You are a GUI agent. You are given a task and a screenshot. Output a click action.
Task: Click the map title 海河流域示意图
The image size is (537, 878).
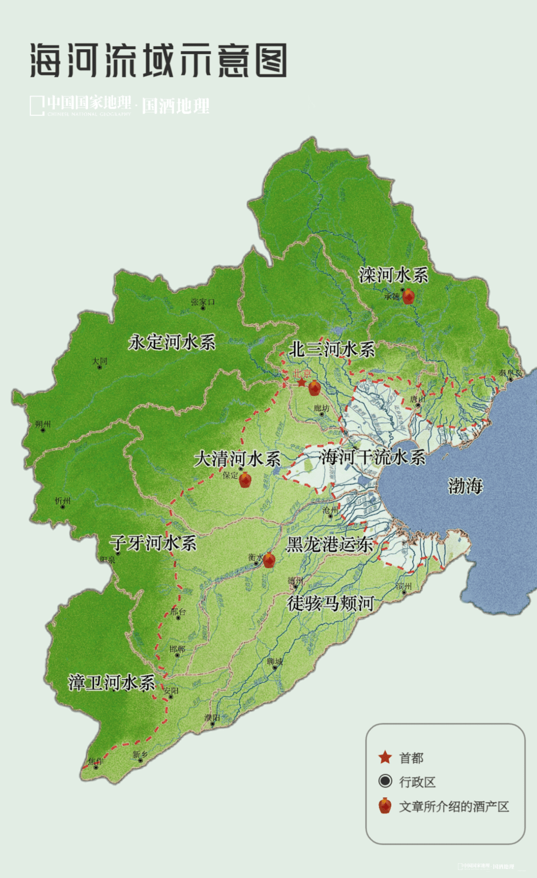coord(158,60)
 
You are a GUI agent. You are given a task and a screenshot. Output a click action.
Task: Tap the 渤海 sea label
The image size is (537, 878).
coord(465,486)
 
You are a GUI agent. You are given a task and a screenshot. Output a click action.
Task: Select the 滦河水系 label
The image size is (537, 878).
coord(394,276)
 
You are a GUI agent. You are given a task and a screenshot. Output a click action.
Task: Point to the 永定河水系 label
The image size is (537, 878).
coord(172,342)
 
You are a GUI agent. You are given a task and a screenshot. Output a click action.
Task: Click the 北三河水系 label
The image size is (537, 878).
coord(331,350)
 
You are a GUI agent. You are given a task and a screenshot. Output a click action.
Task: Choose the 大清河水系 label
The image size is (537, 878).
coord(237,458)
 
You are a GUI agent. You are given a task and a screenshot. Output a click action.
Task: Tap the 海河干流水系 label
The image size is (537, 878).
coord(373,457)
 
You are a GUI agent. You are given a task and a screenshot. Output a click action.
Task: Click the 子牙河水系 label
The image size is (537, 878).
coord(153,543)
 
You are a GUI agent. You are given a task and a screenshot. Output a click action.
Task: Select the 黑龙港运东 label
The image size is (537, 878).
coord(329,544)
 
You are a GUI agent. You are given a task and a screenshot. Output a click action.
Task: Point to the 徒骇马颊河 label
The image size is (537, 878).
coord(330,603)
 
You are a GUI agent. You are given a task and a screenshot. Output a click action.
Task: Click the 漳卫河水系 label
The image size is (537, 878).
coord(111,683)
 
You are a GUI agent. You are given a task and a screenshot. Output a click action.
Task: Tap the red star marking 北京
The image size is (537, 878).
coord(302,383)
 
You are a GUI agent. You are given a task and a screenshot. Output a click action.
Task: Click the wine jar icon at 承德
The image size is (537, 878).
coord(408,297)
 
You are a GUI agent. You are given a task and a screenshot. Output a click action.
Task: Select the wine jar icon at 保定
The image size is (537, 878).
coord(245,480)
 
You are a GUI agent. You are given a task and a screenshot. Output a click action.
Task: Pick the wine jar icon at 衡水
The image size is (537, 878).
coord(269,560)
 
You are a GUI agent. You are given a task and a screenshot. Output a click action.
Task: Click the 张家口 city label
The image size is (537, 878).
coord(203,303)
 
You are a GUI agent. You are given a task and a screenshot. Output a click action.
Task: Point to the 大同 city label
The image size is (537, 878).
coord(99,361)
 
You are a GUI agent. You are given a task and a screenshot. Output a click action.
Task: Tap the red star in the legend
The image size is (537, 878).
coord(385,757)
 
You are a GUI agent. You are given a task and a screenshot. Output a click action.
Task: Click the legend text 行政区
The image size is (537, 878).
coord(417,782)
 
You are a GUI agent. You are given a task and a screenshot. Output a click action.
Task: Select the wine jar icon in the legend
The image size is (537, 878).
coord(385,806)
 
